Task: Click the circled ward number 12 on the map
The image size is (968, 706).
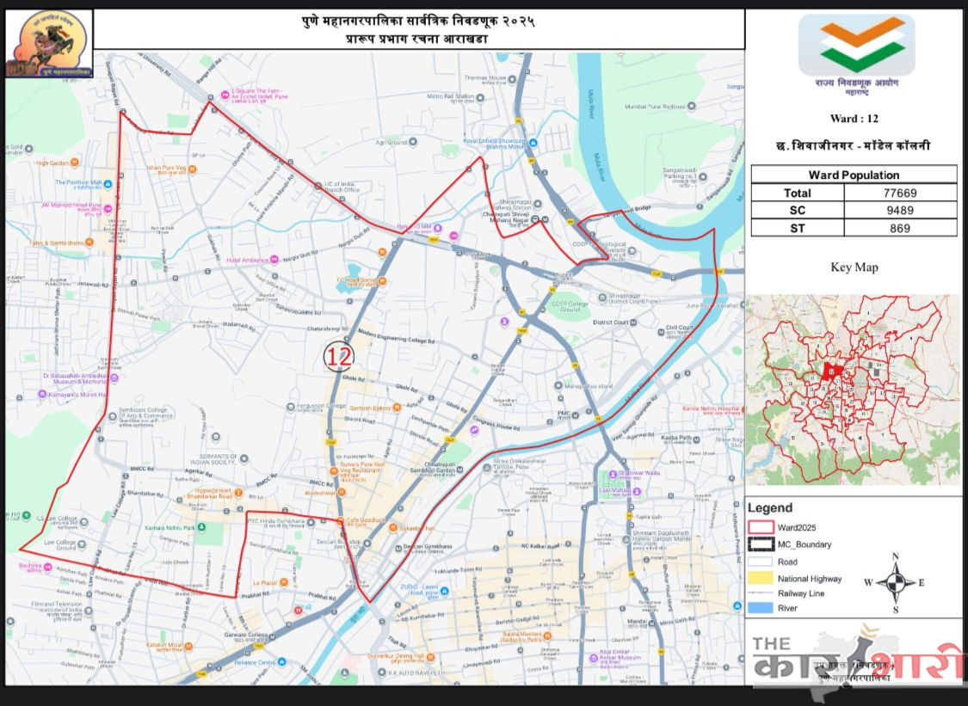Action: tap(339, 356)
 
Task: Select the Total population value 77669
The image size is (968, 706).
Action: tap(900, 193)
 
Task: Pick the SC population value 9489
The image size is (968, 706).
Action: tap(900, 211)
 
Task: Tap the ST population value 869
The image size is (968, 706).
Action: tap(900, 228)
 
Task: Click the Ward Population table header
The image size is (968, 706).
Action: tap(854, 175)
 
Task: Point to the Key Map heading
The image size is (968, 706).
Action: tap(854, 267)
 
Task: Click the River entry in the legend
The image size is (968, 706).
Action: tap(786, 608)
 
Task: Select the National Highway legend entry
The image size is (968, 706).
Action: tap(809, 579)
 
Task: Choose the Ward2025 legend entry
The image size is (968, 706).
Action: tap(797, 527)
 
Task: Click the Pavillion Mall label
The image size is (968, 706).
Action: tap(79, 183)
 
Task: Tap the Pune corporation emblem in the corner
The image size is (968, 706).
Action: tap(49, 44)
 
